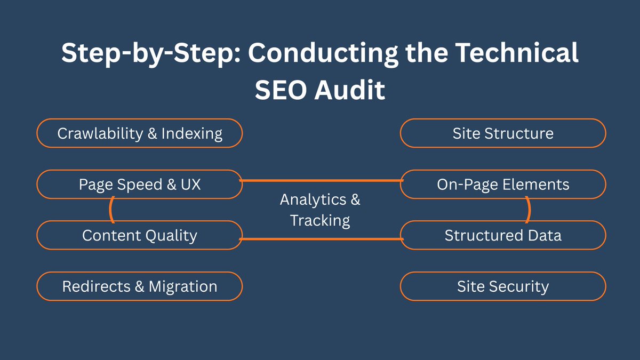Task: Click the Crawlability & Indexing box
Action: click(139, 133)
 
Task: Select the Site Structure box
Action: click(502, 133)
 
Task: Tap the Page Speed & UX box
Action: click(139, 185)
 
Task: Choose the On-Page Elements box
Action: click(502, 185)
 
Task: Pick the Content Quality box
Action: click(139, 236)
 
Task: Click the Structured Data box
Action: click(502, 236)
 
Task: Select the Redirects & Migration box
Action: click(139, 287)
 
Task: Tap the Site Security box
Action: click(502, 287)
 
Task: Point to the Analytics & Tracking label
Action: click(320, 210)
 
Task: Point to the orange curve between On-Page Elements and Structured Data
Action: click(529, 210)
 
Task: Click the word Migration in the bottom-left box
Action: click(183, 287)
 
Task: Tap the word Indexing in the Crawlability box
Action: click(193, 133)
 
